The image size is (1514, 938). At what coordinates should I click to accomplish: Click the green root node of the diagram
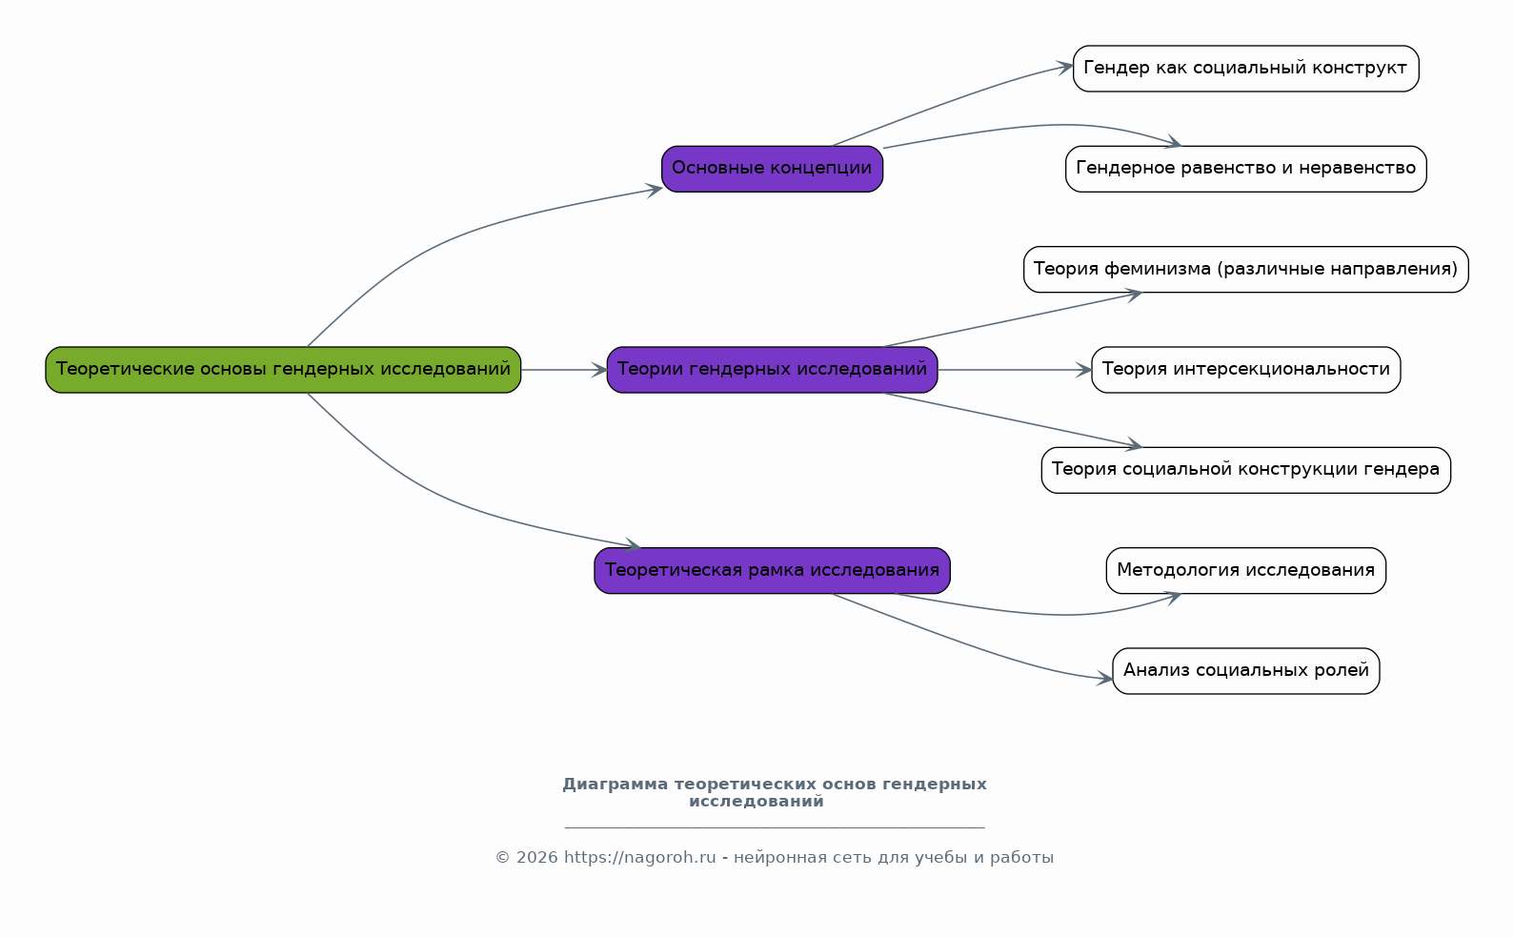click(x=283, y=370)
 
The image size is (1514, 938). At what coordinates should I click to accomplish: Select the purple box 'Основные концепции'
click(x=772, y=169)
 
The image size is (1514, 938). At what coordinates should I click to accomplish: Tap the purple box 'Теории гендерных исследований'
click(x=772, y=370)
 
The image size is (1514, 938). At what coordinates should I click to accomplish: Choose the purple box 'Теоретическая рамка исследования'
click(x=772, y=571)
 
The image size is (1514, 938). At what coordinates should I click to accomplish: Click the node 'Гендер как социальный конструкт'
click(x=1245, y=69)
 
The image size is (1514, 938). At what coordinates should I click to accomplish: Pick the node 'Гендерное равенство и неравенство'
click(x=1245, y=169)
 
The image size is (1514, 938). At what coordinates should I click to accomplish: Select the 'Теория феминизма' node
click(x=1245, y=269)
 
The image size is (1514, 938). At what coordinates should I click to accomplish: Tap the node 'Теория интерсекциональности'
click(x=1245, y=370)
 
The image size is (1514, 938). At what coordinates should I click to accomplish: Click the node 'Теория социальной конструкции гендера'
click(x=1245, y=470)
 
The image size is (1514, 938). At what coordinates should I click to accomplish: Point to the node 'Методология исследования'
click(x=1245, y=571)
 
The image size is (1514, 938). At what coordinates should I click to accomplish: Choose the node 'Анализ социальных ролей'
click(x=1245, y=671)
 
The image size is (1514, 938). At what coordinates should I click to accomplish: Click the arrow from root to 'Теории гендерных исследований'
click(x=564, y=370)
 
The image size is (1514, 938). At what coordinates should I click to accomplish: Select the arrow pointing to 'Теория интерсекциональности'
click(x=1015, y=370)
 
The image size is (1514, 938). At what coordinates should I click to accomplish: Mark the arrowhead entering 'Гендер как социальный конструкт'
click(x=1066, y=67)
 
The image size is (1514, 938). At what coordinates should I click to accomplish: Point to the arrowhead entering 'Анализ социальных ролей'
click(x=1105, y=678)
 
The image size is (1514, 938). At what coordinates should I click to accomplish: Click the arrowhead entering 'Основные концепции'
click(x=655, y=190)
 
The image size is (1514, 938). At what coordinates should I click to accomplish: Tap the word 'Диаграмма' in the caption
click(x=616, y=785)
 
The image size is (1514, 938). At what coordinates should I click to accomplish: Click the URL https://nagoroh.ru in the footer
click(x=639, y=858)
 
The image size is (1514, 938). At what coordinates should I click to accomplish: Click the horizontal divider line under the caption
click(x=775, y=827)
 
